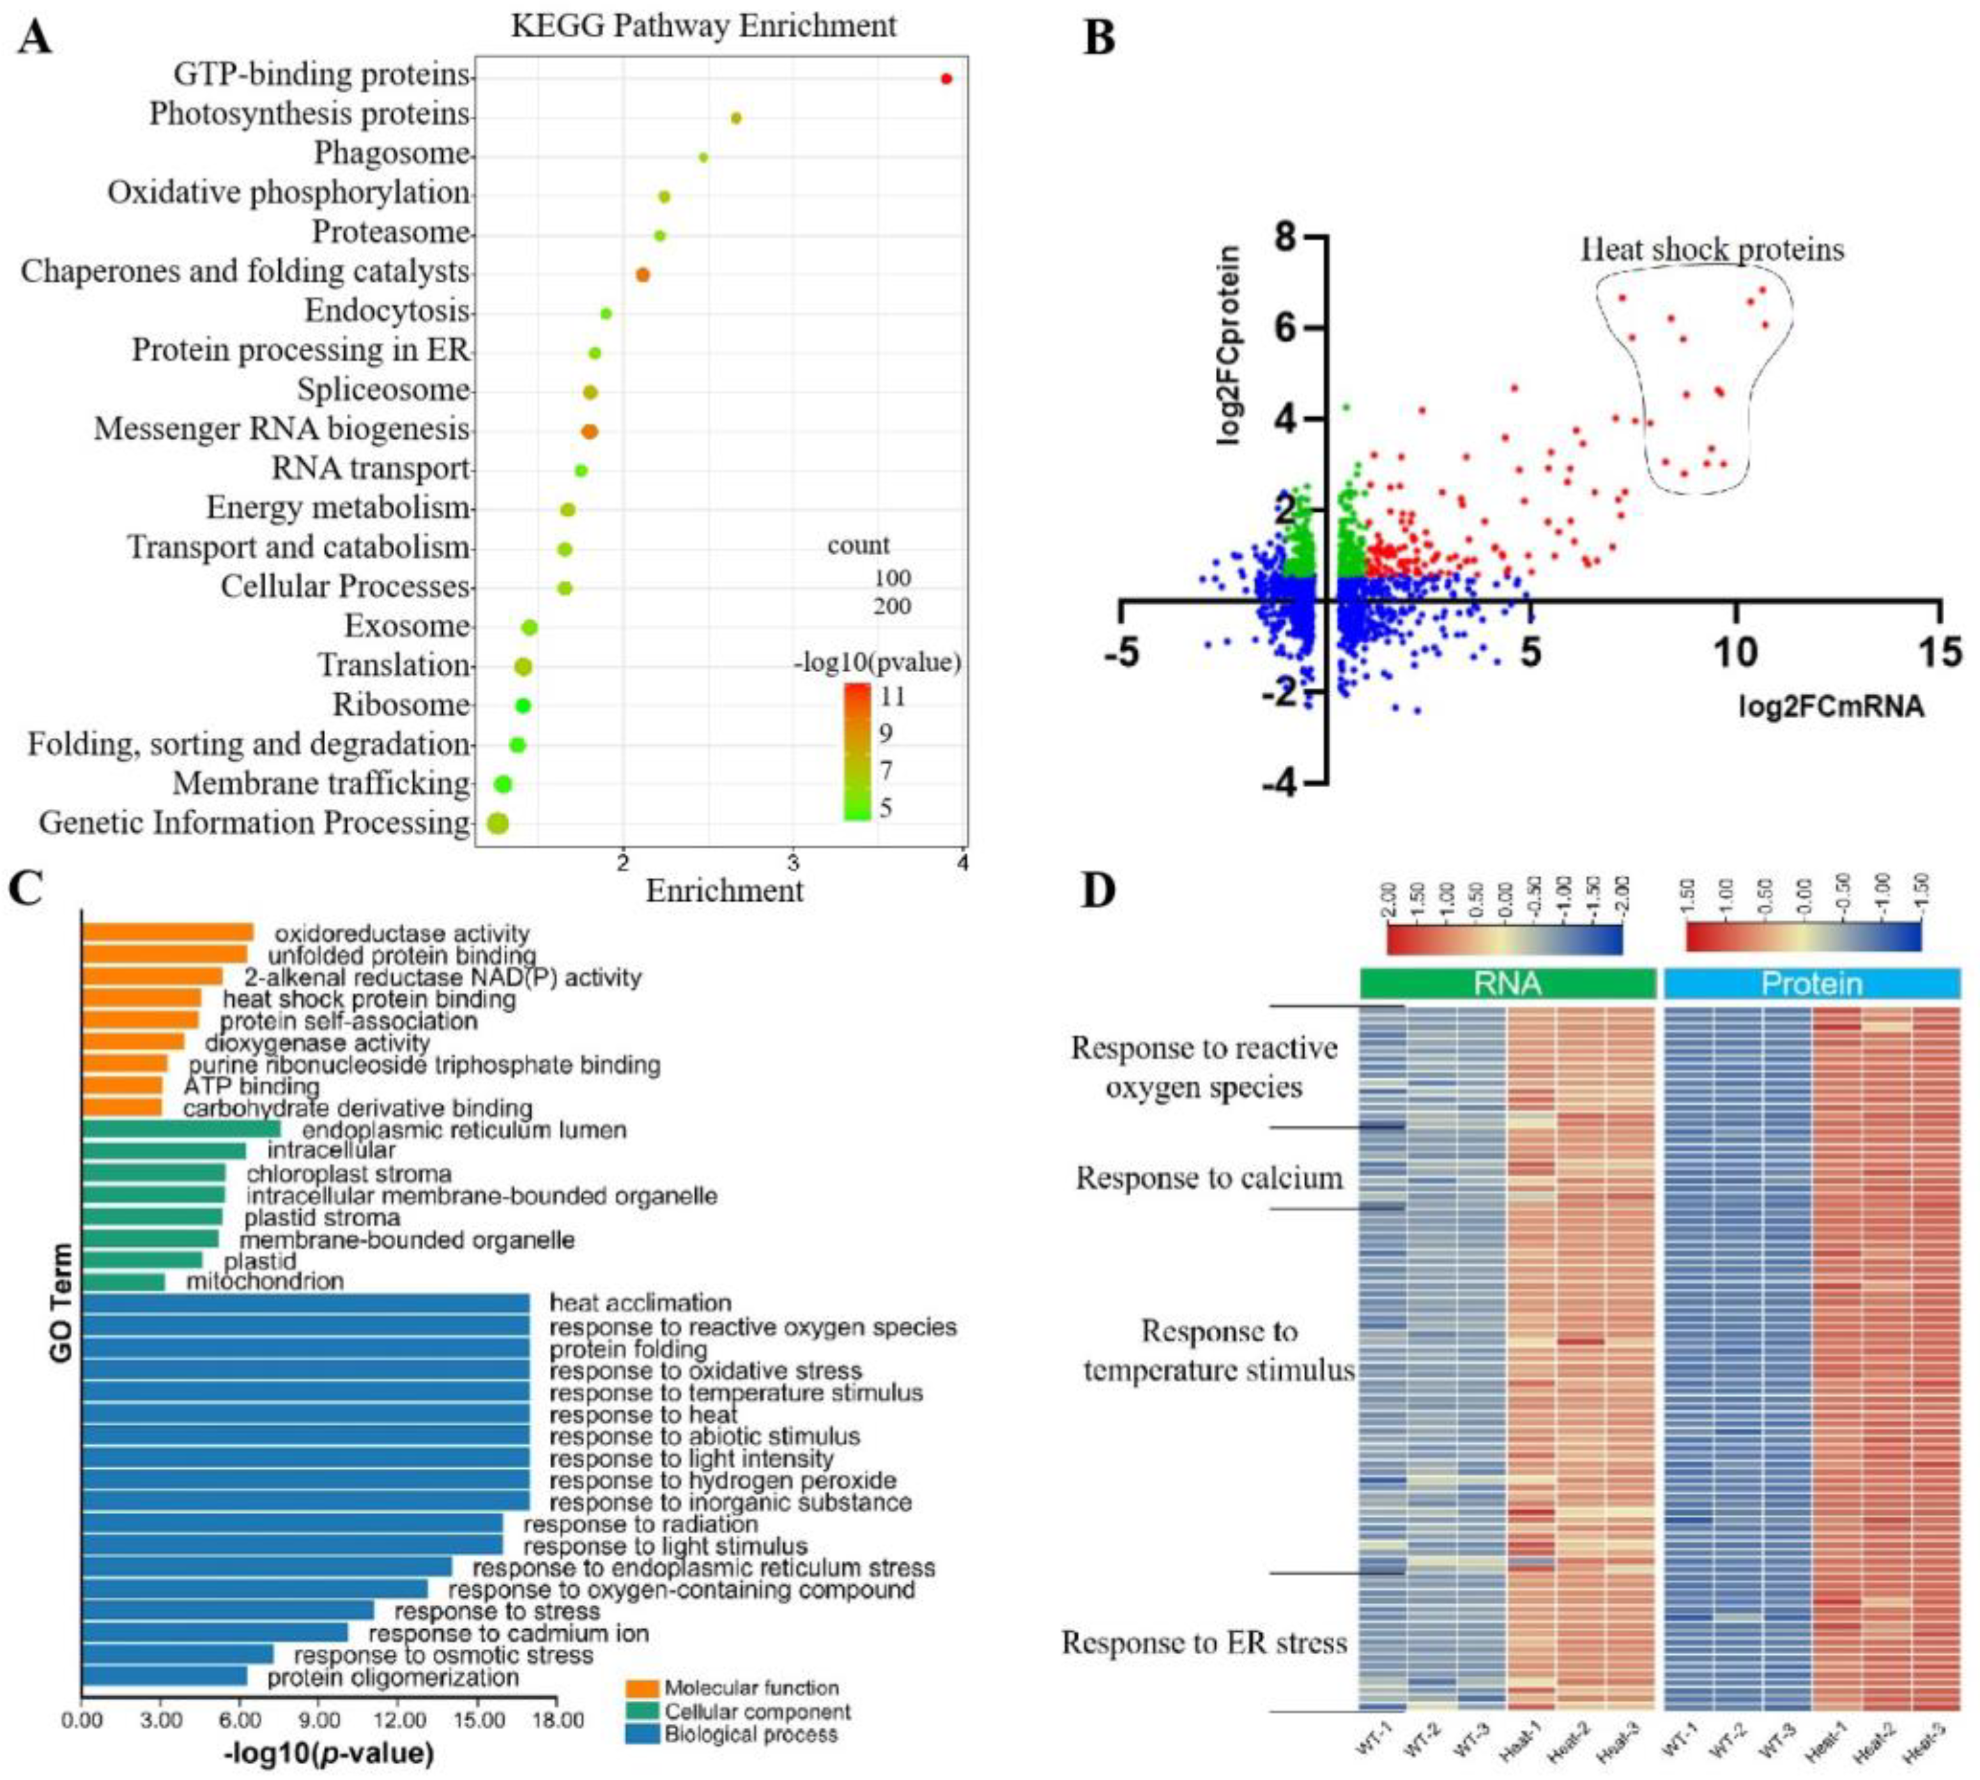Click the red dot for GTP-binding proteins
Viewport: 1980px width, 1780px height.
click(946, 78)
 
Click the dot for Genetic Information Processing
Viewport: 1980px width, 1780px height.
click(496, 824)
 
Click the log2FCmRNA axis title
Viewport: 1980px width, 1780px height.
click(1830, 706)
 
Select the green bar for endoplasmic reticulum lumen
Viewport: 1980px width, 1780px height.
click(181, 1129)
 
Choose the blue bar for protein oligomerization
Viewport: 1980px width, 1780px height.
click(164, 1676)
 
